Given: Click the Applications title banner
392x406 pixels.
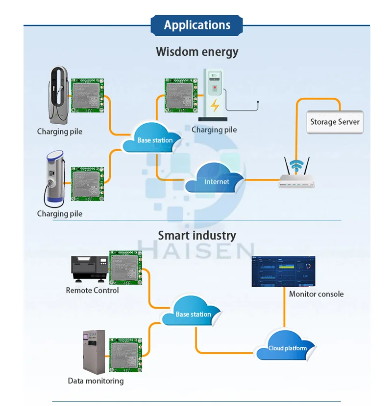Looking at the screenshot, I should pyautogui.click(x=196, y=25).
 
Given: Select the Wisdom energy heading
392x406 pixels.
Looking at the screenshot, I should pyautogui.click(x=197, y=52).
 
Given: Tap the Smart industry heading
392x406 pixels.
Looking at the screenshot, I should pyautogui.click(x=197, y=235).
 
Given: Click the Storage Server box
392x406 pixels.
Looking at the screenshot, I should pyautogui.click(x=335, y=122).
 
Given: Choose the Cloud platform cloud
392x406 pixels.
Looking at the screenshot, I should pyautogui.click(x=287, y=347).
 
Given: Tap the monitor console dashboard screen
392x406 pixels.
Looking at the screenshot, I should pyautogui.click(x=284, y=271).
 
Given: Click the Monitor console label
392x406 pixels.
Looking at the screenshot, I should pyautogui.click(x=316, y=294).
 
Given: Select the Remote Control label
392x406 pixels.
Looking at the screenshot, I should pyautogui.click(x=92, y=290).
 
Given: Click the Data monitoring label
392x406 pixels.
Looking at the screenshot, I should pyautogui.click(x=96, y=381).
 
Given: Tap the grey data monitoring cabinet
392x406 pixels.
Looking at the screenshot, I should pyautogui.click(x=94, y=352).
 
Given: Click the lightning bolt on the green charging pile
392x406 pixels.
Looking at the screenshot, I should pyautogui.click(x=214, y=105).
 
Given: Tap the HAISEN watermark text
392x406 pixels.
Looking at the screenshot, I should pyautogui.click(x=196, y=249).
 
